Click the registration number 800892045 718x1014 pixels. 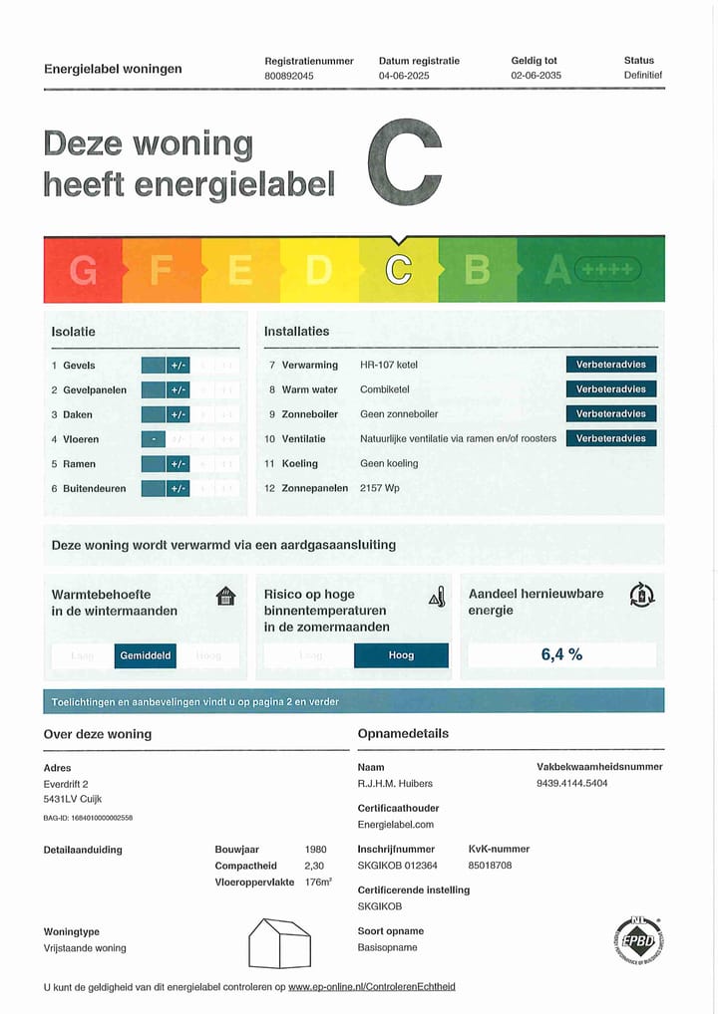(x=289, y=76)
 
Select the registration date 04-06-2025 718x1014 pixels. (x=403, y=76)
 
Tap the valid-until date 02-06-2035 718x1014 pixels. (x=537, y=76)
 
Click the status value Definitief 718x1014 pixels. (x=643, y=76)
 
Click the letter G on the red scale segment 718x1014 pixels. (x=83, y=270)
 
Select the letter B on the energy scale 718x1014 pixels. (x=478, y=270)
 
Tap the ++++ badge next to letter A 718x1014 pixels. (x=608, y=269)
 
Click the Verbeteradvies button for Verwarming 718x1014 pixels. (x=610, y=365)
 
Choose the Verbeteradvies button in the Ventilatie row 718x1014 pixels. (x=610, y=438)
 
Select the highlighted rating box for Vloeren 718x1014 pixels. (x=153, y=439)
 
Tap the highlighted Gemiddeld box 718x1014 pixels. (x=146, y=655)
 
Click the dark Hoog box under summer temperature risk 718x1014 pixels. (x=401, y=655)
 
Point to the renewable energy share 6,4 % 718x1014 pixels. (x=561, y=654)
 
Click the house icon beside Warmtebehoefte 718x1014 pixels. (x=226, y=597)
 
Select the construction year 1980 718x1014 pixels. (x=315, y=850)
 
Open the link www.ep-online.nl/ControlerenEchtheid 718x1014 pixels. (x=372, y=987)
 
